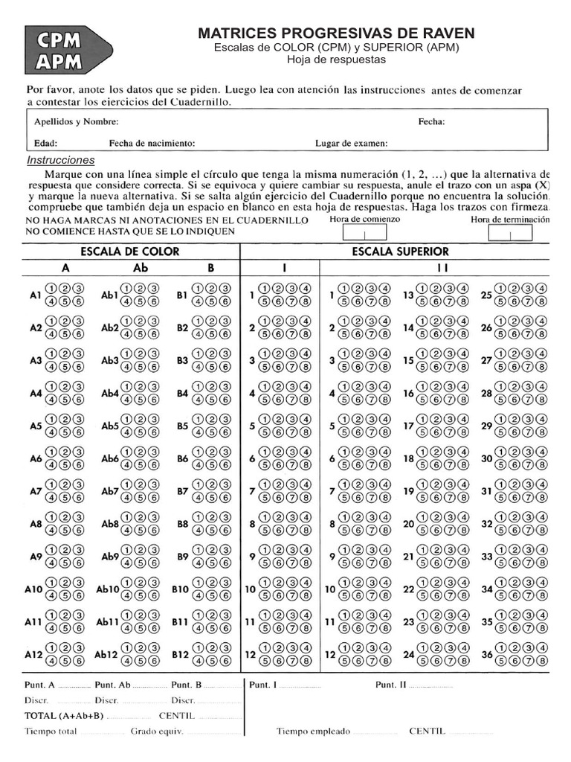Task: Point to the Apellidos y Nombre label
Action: coord(76,121)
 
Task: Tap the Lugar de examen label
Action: coord(351,143)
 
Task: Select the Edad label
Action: coord(45,143)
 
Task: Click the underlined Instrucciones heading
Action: coord(61,160)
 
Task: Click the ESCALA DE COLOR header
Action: coord(130,252)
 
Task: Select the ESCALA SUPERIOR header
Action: coord(400,252)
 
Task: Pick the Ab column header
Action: coord(141,268)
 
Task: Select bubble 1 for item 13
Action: coord(422,289)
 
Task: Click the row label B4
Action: coord(182,393)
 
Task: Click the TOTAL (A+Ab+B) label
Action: coord(65,716)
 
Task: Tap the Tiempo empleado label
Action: coord(313,731)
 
